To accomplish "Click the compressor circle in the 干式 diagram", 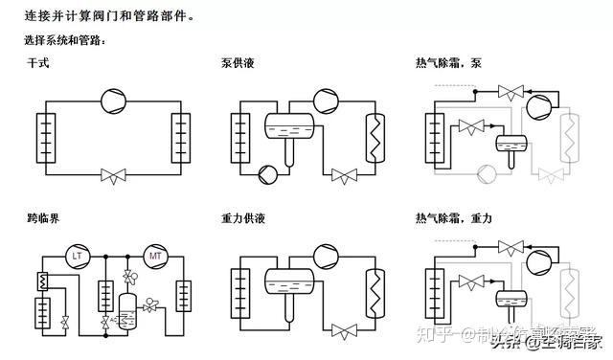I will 114,99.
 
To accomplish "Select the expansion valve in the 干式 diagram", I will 114,175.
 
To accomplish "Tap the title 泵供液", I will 237,63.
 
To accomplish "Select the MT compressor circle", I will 154,256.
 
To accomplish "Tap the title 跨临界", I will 43,219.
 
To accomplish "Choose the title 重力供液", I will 242,219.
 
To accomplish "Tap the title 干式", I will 37,63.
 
